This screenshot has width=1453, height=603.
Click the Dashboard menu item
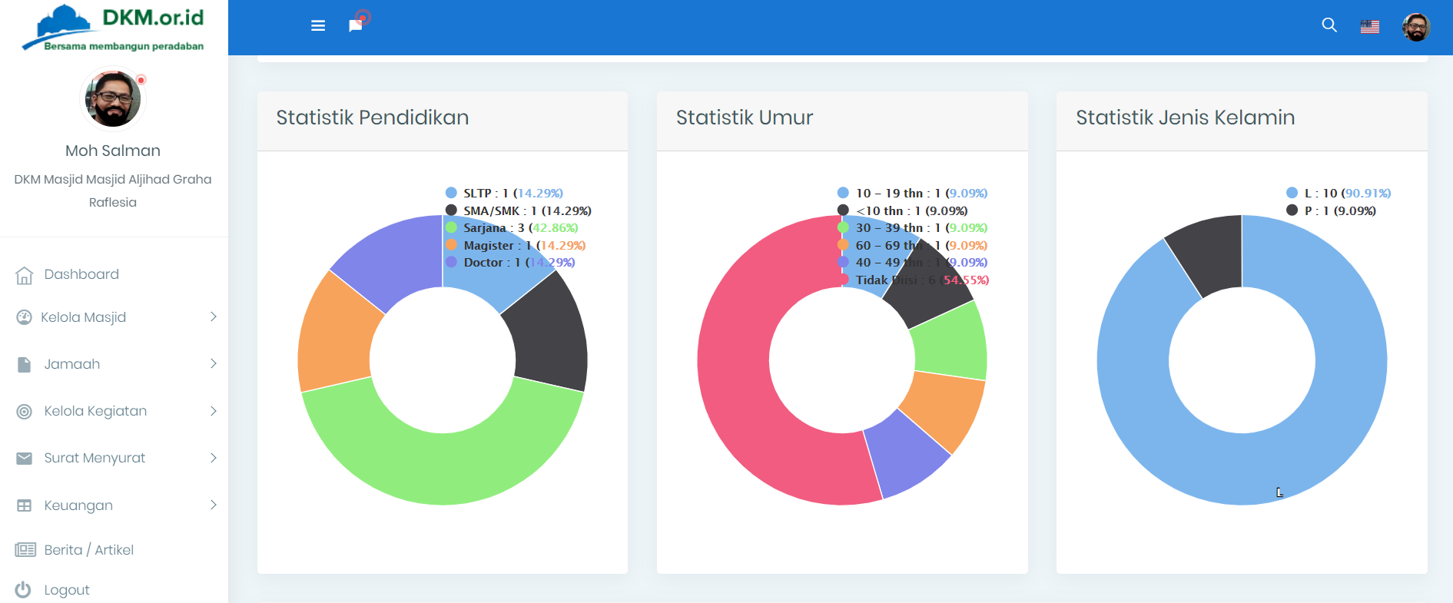click(x=81, y=274)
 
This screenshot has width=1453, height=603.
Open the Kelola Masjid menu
click(x=83, y=317)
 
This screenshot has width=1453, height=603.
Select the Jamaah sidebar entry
click(x=71, y=364)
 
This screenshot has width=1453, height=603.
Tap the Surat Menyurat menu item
click(x=94, y=458)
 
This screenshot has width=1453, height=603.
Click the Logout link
click(x=66, y=590)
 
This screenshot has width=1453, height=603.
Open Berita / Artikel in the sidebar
click(x=88, y=550)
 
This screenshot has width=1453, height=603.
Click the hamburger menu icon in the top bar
click(x=318, y=26)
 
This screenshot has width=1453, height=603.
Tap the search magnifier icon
click(x=1329, y=25)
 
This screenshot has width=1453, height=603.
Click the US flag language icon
click(x=1370, y=27)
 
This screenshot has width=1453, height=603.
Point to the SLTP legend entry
click(x=504, y=193)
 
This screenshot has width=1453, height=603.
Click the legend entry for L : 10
click(x=1339, y=193)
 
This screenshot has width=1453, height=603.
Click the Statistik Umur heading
click(x=744, y=118)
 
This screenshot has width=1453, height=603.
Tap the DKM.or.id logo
click(x=113, y=27)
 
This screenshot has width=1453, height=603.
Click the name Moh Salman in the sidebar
click(x=113, y=151)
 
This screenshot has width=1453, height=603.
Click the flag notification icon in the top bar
click(x=355, y=25)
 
